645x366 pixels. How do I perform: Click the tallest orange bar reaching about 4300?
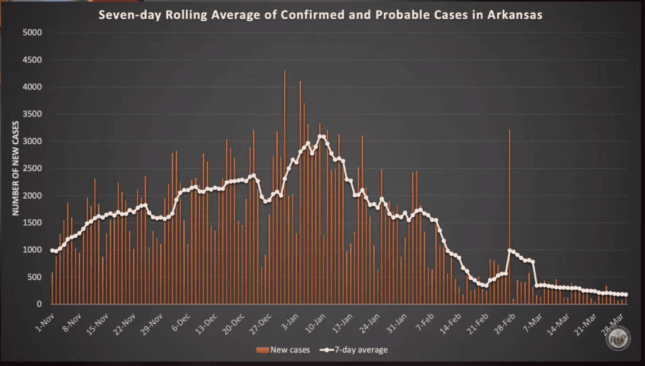[x=285, y=189]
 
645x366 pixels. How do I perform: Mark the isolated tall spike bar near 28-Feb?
[x=510, y=214]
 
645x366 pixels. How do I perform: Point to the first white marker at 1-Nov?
[x=52, y=250]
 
